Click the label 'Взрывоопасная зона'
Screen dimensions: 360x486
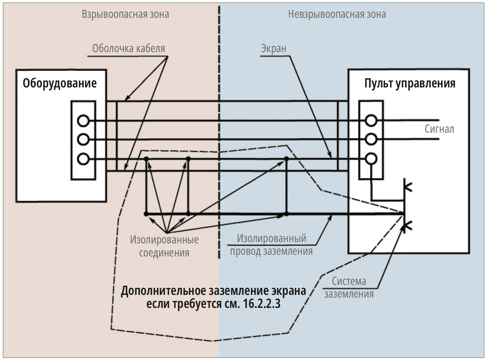pos(125,14)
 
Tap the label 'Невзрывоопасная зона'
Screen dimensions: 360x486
pos(337,14)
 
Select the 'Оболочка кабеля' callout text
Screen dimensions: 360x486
pos(129,48)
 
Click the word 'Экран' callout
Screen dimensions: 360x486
pos(274,49)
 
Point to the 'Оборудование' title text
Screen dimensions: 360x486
pos(60,83)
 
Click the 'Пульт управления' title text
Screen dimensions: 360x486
pos(410,83)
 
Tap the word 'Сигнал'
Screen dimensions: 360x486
pos(439,129)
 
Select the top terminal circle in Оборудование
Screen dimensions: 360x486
pos(83,121)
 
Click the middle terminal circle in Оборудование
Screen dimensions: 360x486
pos(83,140)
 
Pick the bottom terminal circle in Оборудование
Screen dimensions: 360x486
pos(83,159)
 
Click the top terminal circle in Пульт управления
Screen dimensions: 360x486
pos(371,121)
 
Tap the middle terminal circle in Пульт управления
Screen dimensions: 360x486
pos(371,140)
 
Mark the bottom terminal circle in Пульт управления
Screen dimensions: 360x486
pos(371,159)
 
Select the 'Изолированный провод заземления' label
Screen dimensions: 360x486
pos(271,245)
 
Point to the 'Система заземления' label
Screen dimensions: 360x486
pos(349,287)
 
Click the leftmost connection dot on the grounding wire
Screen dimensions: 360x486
pos(146,214)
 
